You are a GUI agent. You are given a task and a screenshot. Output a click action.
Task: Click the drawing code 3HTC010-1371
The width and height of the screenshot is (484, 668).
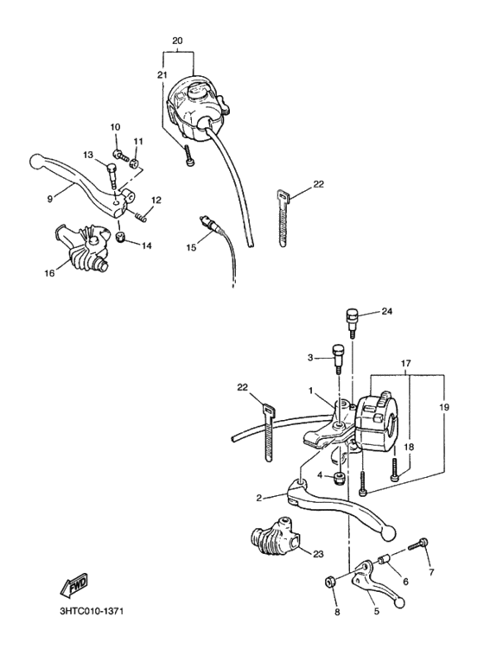click(x=92, y=611)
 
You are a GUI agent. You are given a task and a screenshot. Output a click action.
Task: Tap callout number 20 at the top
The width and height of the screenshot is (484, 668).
click(x=177, y=41)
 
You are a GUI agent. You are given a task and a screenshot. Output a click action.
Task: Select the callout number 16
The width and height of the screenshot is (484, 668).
click(x=49, y=273)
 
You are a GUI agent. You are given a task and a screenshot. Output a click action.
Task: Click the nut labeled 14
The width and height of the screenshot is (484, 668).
click(x=121, y=237)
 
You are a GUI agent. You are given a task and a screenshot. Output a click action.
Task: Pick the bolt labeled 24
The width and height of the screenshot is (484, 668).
click(x=351, y=322)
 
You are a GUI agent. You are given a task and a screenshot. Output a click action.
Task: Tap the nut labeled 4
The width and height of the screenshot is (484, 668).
click(x=339, y=478)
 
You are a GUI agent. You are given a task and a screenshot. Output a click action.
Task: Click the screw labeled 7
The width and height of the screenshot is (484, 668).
click(x=418, y=544)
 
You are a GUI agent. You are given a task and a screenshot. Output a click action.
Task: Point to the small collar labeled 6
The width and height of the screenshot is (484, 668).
click(x=385, y=558)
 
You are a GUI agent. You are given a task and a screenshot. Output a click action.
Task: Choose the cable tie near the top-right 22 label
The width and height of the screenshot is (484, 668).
click(x=283, y=219)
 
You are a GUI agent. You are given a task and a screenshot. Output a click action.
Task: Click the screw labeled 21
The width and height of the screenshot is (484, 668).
click(x=190, y=156)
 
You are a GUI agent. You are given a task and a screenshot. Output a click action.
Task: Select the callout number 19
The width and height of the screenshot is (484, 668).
click(x=444, y=408)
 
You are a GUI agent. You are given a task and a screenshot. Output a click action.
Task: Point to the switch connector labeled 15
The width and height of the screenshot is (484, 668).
click(x=209, y=225)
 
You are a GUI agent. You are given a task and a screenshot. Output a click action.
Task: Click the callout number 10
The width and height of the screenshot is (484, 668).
click(x=116, y=127)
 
